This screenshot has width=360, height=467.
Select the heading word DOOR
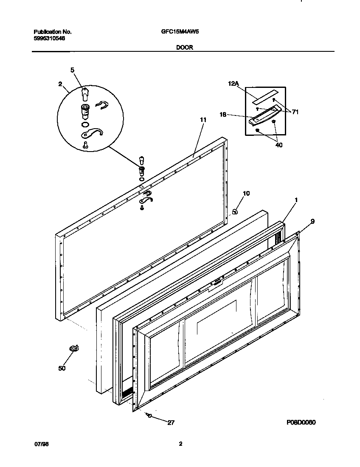185,48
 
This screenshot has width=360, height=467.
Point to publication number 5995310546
49,38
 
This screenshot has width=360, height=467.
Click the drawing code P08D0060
301,423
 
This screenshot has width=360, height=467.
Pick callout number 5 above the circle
72,70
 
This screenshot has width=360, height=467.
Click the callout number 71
295,113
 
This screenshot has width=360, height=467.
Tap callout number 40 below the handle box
278,145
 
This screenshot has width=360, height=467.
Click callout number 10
246,194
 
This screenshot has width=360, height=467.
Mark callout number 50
62,368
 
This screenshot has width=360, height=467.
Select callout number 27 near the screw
171,423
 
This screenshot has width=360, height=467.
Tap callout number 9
312,221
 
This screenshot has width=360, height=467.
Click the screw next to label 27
149,415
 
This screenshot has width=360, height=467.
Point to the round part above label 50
74,349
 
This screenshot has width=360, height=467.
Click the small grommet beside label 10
235,211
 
